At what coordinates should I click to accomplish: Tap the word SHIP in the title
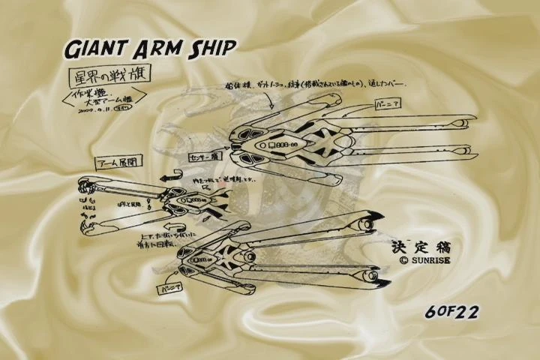coord(209,49)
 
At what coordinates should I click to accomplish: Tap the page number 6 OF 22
coord(451,310)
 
